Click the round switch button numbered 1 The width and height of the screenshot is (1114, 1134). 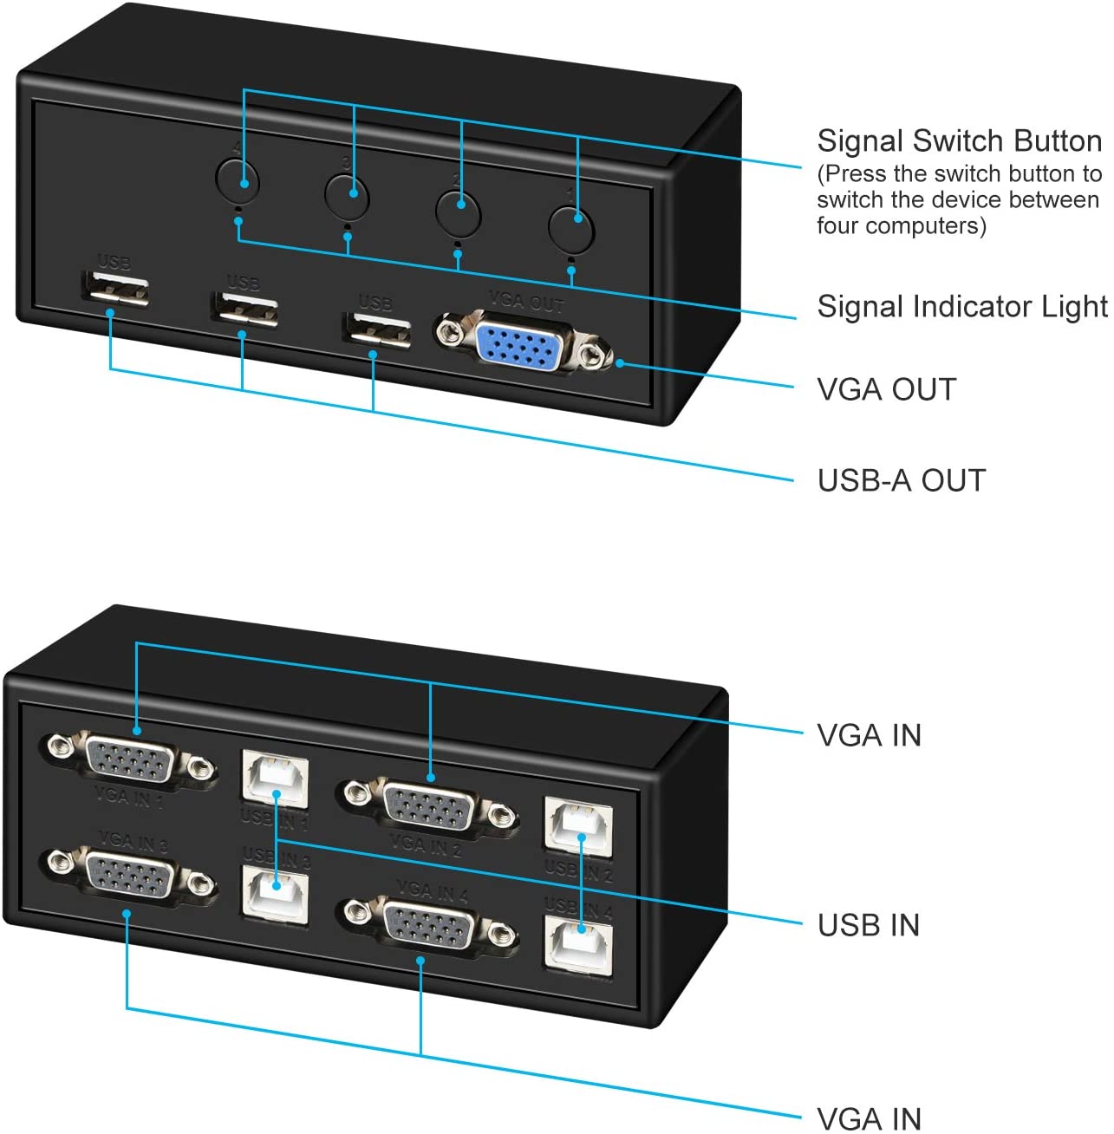pyautogui.click(x=571, y=228)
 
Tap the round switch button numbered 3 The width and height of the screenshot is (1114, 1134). pyautogui.click(x=348, y=193)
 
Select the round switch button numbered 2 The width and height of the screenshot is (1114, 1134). pyautogui.click(x=458, y=212)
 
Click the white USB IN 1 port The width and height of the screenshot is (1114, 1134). pyautogui.click(x=275, y=777)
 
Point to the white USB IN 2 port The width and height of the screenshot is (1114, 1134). pyautogui.click(x=579, y=824)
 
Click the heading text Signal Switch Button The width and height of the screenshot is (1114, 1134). pyautogui.click(x=959, y=141)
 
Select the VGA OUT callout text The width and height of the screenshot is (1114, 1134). pyautogui.click(x=886, y=390)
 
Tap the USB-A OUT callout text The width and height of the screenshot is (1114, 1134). pyautogui.click(x=902, y=480)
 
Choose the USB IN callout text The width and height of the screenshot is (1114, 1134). pyautogui.click(x=869, y=925)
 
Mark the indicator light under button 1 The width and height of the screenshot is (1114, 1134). pyautogui.click(x=570, y=258)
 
